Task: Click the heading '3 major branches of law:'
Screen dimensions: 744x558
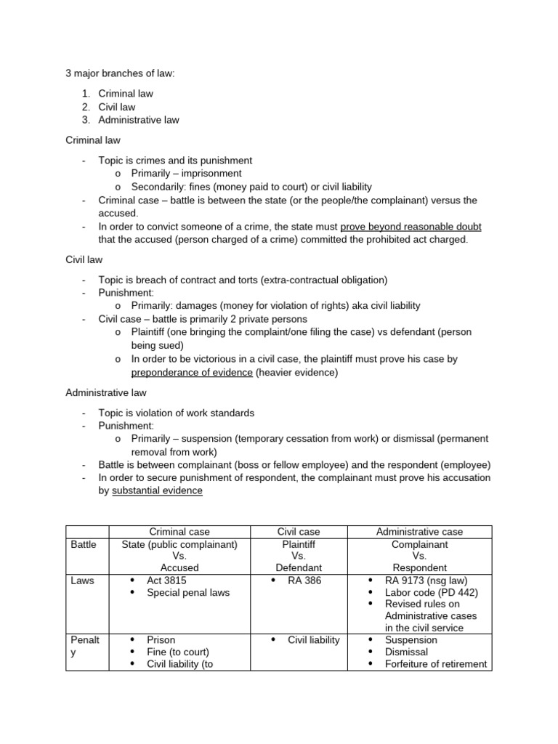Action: (x=121, y=73)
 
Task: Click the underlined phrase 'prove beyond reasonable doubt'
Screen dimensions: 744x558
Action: (x=411, y=227)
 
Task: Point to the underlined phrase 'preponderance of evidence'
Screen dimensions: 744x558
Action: (x=192, y=373)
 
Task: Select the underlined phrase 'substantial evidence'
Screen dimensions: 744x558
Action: (x=158, y=490)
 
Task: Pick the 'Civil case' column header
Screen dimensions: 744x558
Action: (x=299, y=532)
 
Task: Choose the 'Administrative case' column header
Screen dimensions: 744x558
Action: (x=420, y=532)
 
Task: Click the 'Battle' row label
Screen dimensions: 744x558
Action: (x=84, y=544)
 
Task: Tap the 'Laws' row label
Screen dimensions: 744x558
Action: (x=82, y=581)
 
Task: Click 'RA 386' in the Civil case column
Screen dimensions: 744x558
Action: (x=304, y=581)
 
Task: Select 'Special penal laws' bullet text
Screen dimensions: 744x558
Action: (x=187, y=592)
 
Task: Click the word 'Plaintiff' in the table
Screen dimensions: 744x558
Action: (x=299, y=544)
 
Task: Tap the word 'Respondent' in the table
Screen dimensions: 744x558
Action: (x=420, y=567)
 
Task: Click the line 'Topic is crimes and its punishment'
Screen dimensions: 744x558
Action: (x=175, y=161)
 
